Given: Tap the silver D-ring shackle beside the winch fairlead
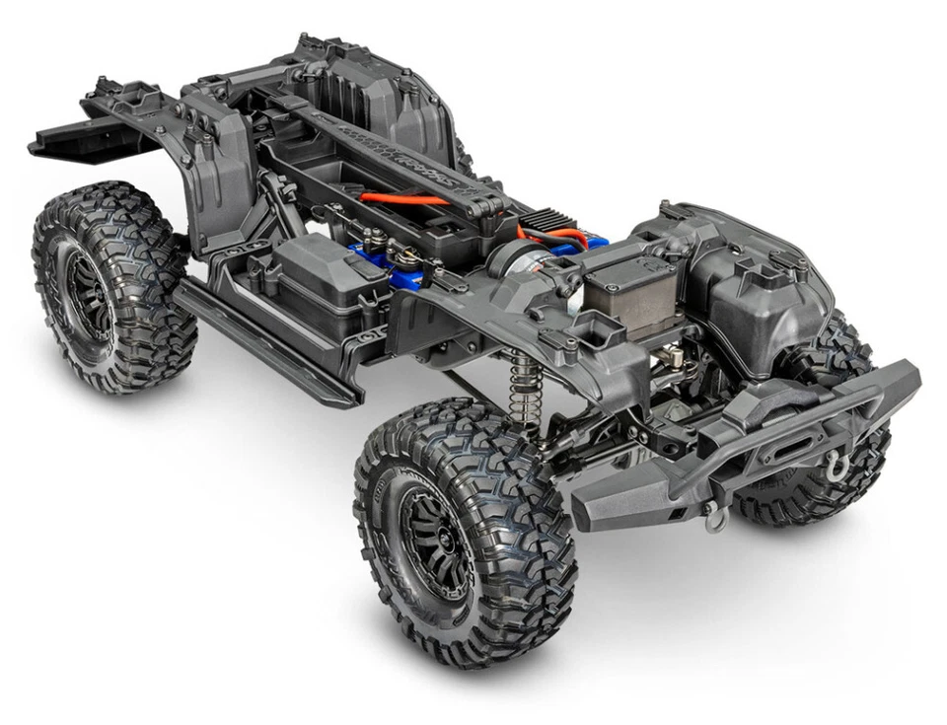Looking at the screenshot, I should pyautogui.click(x=837, y=468).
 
